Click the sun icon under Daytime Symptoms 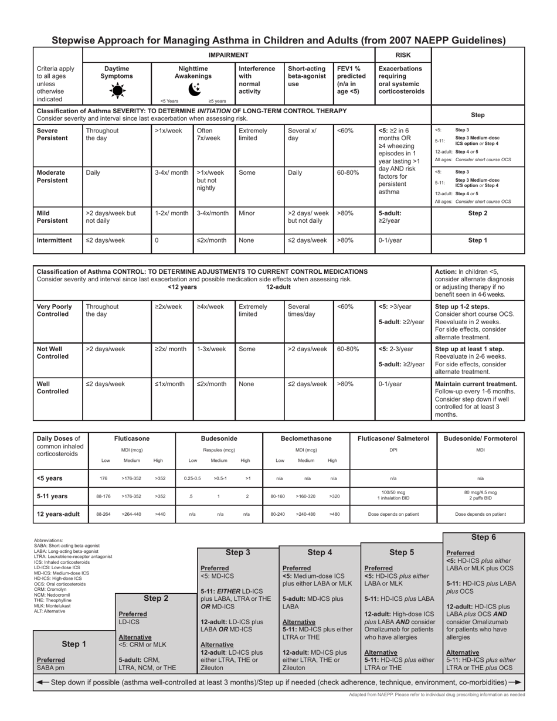[x=117, y=90]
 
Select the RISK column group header [x=403, y=55]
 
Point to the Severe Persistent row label [x=52, y=134]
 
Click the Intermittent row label [x=54, y=240]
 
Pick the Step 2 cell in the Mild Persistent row [x=478, y=213]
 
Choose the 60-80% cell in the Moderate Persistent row [x=348, y=173]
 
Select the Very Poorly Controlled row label [x=54, y=311]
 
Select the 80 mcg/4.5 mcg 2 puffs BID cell [x=480, y=496]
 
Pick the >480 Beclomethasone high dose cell [x=334, y=514]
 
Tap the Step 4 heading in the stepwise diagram [x=320, y=552]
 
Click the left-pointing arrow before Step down [x=42, y=682]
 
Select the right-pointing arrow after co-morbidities [x=515, y=682]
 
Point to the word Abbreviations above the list [x=48, y=540]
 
